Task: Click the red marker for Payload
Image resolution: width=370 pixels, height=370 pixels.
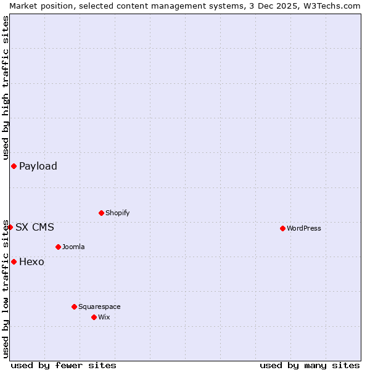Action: pyautogui.click(x=14, y=166)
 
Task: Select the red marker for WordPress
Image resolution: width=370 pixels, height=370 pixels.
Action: pyautogui.click(x=282, y=228)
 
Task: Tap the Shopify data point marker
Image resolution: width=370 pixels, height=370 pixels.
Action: pyautogui.click(x=101, y=213)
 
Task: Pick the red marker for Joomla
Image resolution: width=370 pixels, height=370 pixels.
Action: pyautogui.click(x=58, y=247)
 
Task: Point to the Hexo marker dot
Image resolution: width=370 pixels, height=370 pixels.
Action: pyautogui.click(x=14, y=261)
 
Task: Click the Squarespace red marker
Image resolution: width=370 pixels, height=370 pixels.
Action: pyautogui.click(x=74, y=306)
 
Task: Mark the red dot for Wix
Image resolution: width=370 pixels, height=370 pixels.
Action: pyautogui.click(x=94, y=317)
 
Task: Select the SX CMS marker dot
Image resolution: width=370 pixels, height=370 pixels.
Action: pyautogui.click(x=10, y=227)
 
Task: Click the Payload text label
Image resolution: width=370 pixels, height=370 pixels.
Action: pyautogui.click(x=38, y=166)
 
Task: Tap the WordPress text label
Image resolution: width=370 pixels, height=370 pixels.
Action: pyautogui.click(x=304, y=228)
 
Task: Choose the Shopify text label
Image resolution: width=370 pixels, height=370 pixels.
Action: pyautogui.click(x=118, y=213)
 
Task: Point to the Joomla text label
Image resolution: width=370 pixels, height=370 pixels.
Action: pyautogui.click(x=73, y=247)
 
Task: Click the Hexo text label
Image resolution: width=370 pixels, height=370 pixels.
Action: pyautogui.click(x=31, y=261)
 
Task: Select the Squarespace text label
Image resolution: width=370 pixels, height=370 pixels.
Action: pyautogui.click(x=99, y=306)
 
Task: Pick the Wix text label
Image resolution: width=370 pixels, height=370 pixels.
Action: pyautogui.click(x=104, y=317)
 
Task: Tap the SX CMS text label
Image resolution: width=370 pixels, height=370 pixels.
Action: pyautogui.click(x=35, y=227)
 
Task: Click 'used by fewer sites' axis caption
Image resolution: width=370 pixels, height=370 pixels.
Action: pyautogui.click(x=64, y=365)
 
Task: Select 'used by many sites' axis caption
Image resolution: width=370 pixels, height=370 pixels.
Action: pyautogui.click(x=310, y=365)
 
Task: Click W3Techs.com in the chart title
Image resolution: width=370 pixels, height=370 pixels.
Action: pyautogui.click(x=335, y=6)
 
